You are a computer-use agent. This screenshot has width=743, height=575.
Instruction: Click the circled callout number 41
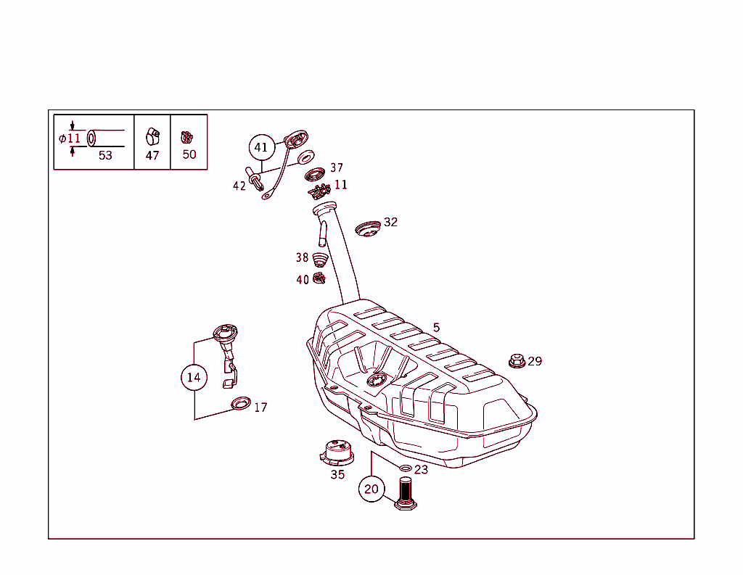coord(261,147)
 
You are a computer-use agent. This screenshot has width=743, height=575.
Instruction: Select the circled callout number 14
coord(194,377)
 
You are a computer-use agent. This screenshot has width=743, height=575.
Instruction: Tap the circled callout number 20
coord(371,489)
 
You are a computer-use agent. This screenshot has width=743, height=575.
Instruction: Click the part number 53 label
coord(105,155)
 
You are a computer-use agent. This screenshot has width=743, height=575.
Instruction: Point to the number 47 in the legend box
coord(152,155)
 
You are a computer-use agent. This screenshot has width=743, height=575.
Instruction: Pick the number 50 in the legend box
coord(189,154)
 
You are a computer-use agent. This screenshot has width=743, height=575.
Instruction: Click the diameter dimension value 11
coord(74,138)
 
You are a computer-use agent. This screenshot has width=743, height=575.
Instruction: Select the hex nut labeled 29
coord(517,360)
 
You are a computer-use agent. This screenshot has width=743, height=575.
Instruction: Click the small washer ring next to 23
coord(405,468)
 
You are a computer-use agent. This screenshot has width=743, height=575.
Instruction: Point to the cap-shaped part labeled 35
coord(337,453)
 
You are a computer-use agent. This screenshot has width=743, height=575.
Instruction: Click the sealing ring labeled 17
coord(240,402)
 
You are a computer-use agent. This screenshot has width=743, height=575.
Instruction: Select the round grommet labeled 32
coord(368,228)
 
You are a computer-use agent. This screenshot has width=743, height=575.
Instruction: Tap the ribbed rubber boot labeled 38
coord(320,259)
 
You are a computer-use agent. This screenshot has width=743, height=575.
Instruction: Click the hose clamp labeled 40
coord(319,278)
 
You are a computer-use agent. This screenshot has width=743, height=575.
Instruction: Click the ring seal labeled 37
coord(315,174)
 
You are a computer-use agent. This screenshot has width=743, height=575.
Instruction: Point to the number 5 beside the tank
coord(436,328)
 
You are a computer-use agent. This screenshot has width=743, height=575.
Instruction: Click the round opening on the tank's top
coord(377,380)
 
